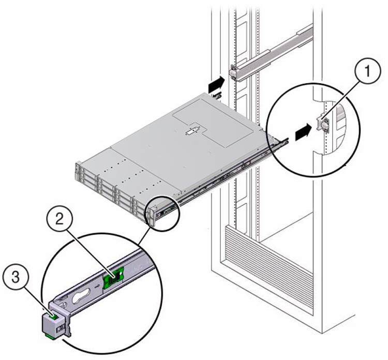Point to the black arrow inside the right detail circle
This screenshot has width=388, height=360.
click(303, 133)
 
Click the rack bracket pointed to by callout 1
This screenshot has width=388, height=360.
click(324, 124)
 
